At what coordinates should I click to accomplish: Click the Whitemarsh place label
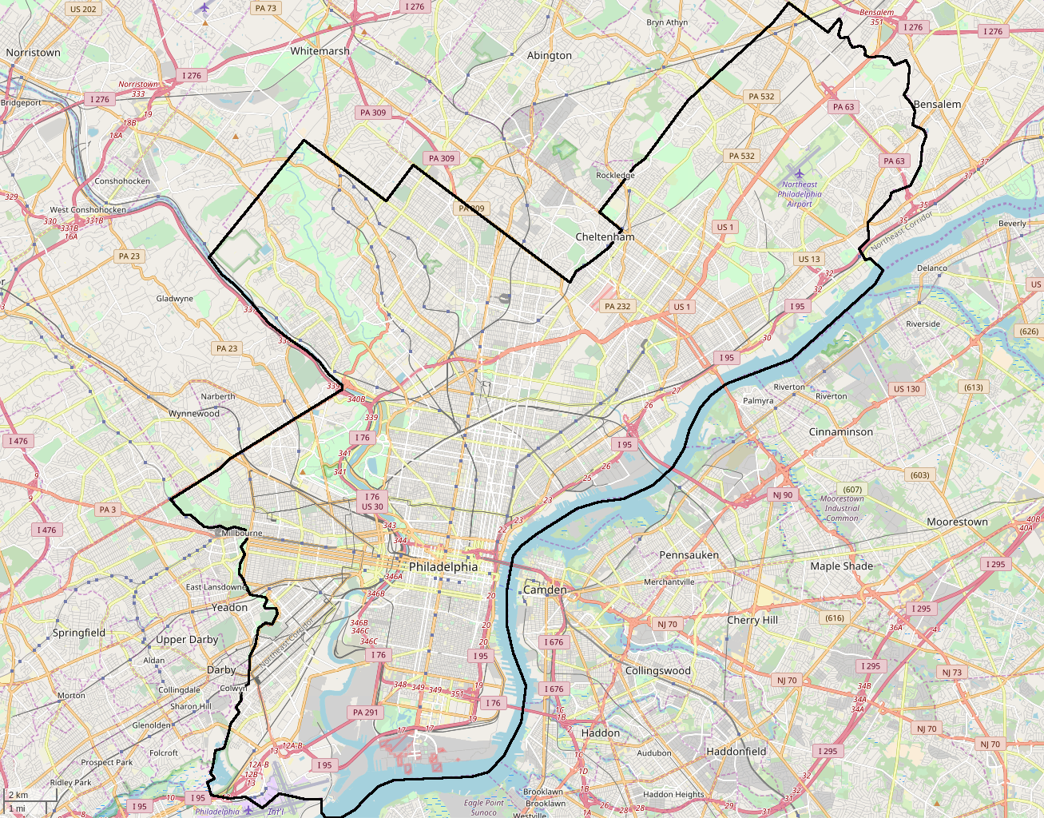(320, 51)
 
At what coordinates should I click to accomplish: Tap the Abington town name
(550, 55)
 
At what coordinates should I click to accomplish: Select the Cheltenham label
(605, 237)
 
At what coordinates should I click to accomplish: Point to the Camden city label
(545, 590)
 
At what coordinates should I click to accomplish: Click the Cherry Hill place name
(752, 620)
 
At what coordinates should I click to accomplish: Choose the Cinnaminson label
(841, 431)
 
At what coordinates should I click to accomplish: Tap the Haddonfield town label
(736, 751)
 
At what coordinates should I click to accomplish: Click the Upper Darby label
(187, 640)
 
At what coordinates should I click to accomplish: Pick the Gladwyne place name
(174, 299)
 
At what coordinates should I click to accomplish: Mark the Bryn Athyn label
(667, 22)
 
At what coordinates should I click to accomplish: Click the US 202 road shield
(83, 10)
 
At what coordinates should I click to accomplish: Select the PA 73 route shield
(265, 8)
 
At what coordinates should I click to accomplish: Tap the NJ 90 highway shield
(782, 494)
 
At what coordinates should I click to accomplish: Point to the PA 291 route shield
(366, 713)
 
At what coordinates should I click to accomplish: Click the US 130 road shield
(907, 389)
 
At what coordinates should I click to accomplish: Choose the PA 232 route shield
(617, 306)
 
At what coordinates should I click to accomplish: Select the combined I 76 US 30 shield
(372, 502)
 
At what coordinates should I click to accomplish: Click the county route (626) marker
(1029, 331)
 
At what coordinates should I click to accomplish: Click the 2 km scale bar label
(18, 795)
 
